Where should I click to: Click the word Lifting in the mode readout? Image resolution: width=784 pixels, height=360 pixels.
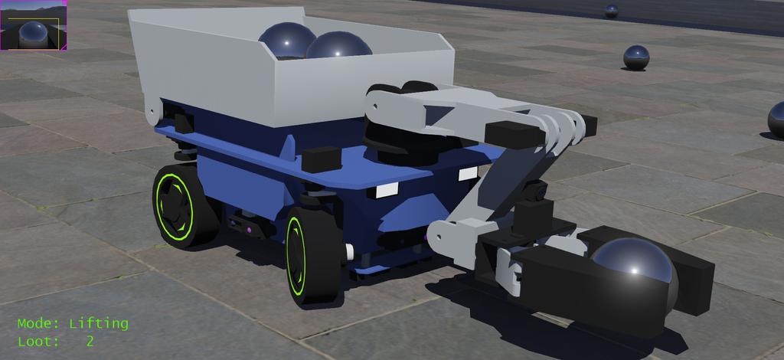98,323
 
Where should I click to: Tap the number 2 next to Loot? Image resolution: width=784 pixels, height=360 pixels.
90,342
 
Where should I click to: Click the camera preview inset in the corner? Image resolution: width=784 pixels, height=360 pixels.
34,25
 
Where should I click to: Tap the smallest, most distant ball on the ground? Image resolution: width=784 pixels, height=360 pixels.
611,11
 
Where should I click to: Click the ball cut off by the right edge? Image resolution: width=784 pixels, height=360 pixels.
776,120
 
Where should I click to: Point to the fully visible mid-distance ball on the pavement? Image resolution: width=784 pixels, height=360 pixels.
635,57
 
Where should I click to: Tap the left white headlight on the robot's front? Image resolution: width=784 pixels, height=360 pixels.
387,189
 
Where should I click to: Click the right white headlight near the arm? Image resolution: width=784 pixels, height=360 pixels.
468,174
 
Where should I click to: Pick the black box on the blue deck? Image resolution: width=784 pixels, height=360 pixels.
321,159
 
